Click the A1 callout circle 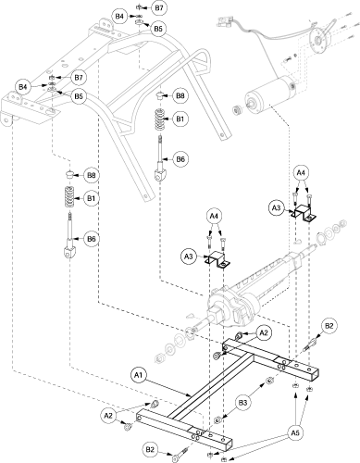click(139, 375)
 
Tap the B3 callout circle click(245, 403)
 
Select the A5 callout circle click(294, 433)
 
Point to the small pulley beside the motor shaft click(237, 110)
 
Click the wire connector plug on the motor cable click(224, 22)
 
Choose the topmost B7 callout click(159, 8)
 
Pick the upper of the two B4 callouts click(119, 16)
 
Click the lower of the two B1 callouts click(91, 198)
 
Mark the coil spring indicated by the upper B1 click(160, 119)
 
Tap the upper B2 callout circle click(329, 326)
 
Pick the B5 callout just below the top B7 click(158, 29)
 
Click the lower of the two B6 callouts click(91, 239)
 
